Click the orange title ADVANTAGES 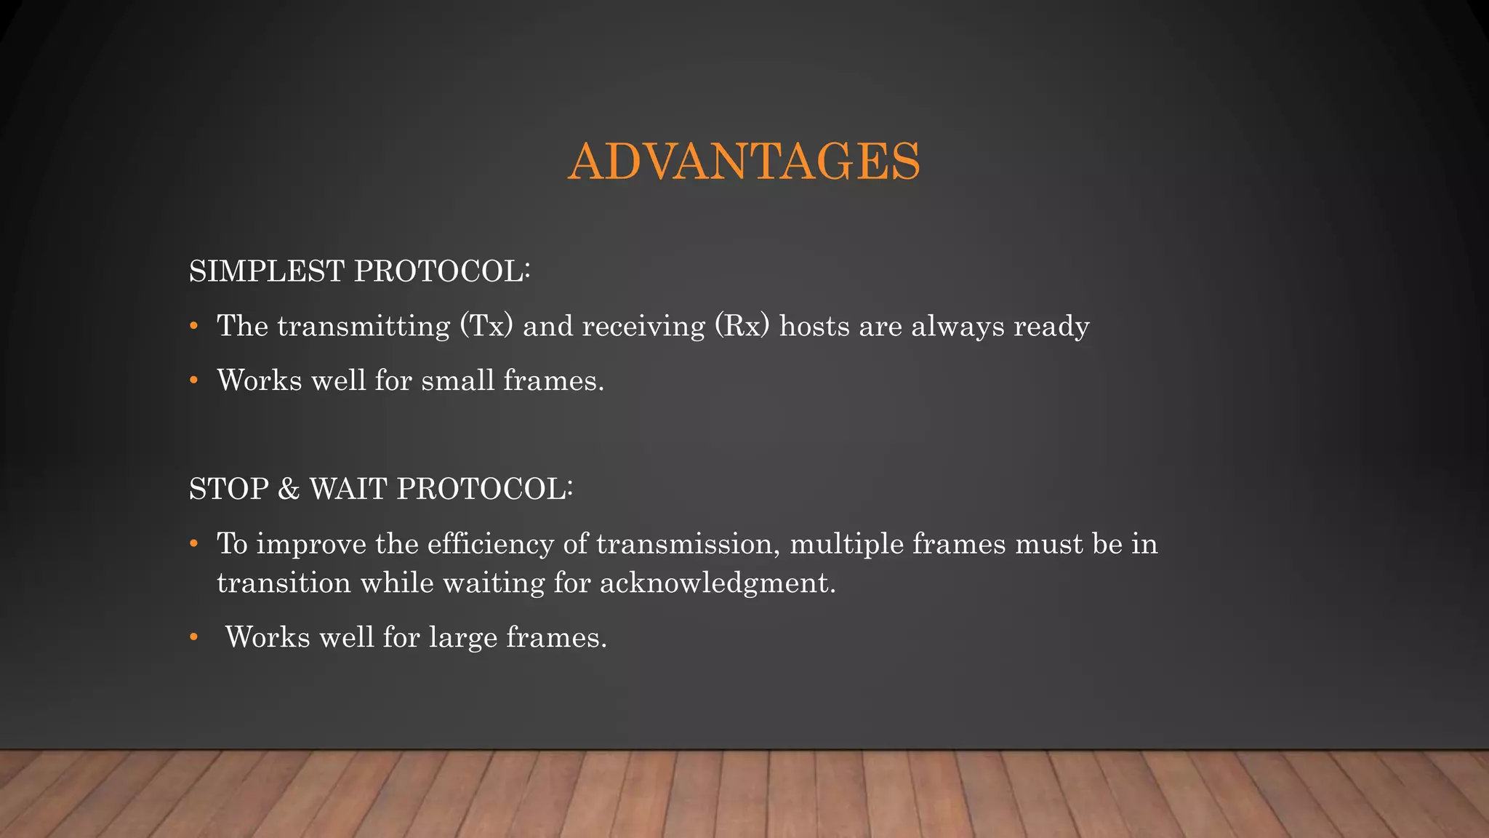click(744, 161)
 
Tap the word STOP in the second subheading click(229, 489)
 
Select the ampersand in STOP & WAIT click(289, 489)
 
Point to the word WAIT click(348, 489)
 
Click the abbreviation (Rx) click(742, 326)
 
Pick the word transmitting click(364, 326)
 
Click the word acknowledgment click(717, 583)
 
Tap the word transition click(284, 583)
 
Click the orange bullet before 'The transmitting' click(193, 327)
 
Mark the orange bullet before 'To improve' click(193, 544)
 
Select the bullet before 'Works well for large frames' click(193, 638)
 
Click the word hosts click(814, 326)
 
